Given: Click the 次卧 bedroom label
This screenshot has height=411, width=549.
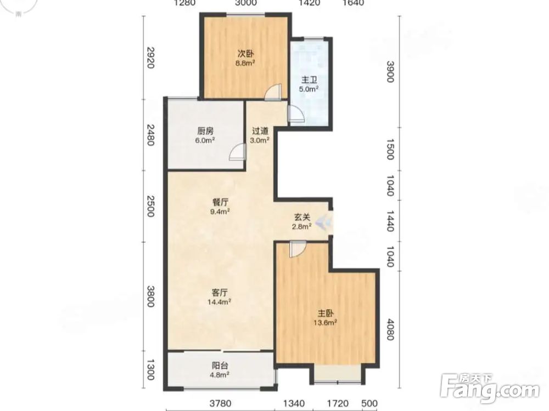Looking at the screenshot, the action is point(245,54).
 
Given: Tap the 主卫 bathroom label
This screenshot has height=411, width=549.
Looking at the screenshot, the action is point(309,80).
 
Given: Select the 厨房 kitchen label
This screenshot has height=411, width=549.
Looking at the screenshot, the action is point(205,132).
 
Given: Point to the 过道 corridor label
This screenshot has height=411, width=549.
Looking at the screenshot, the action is point(260,131).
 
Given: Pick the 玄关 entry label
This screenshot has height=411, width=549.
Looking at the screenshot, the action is point(302,217).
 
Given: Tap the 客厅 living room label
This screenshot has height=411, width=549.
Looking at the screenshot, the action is point(220,292).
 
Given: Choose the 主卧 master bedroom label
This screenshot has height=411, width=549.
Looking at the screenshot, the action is point(325,313).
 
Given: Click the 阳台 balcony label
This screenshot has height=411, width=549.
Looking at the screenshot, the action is point(220,366).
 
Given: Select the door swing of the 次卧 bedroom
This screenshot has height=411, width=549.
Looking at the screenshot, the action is point(273,92).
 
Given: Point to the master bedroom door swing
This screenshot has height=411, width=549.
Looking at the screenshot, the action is point(298,249).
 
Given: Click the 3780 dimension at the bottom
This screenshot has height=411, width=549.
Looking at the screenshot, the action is point(220,404).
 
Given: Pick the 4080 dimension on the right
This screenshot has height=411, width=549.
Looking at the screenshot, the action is point(390,328).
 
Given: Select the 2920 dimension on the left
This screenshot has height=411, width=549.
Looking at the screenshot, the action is point(150,58).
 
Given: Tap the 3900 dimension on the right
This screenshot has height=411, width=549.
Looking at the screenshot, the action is point(390,71).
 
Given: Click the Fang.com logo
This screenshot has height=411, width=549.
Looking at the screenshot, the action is point(490,388).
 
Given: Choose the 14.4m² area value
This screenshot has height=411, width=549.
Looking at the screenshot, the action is point(219,301).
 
